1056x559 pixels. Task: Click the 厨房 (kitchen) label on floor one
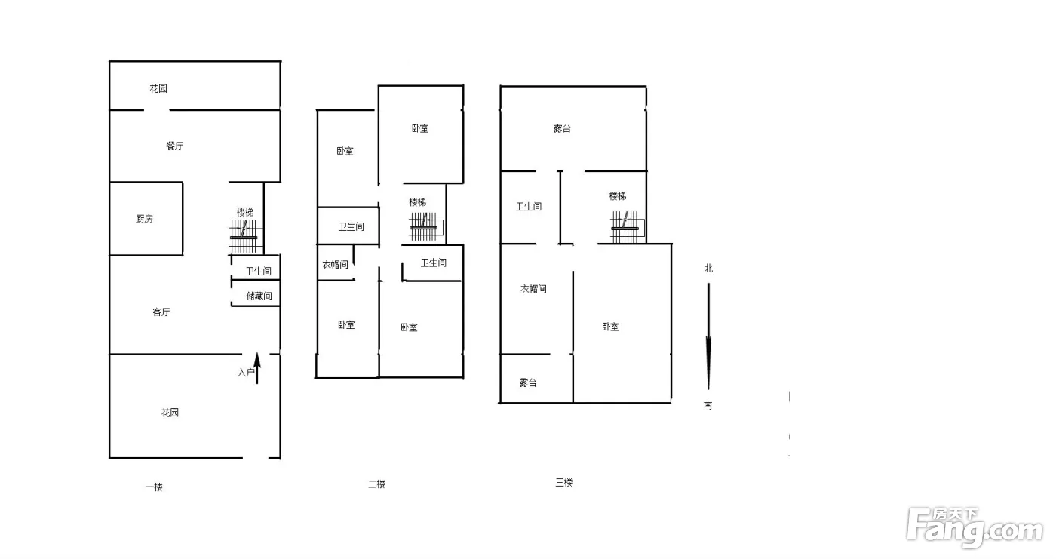[144, 219]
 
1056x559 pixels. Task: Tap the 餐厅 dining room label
[174, 146]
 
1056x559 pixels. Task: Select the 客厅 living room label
[161, 312]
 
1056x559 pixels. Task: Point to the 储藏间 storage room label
[259, 296]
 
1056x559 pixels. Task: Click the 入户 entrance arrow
[257, 367]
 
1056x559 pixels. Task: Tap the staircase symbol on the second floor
[425, 227]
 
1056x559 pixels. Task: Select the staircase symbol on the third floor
[627, 227]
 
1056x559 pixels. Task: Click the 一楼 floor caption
[154, 487]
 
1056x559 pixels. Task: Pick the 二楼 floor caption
[376, 484]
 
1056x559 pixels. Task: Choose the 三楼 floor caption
[564, 482]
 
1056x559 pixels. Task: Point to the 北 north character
[708, 269]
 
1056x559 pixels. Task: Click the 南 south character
[708, 405]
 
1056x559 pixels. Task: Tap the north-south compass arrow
[708, 336]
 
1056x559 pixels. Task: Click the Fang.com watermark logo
[975, 528]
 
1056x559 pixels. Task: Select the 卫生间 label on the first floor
[258, 272]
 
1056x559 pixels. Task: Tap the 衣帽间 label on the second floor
[335, 265]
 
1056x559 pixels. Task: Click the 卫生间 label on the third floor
[529, 207]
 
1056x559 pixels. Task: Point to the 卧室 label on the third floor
[610, 327]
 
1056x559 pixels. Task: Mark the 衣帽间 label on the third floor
[533, 289]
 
